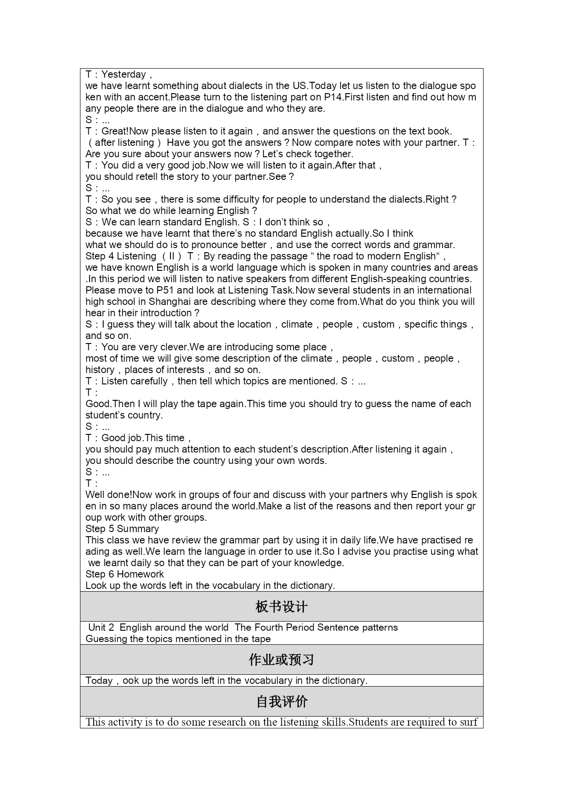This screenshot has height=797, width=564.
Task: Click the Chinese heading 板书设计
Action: [281, 607]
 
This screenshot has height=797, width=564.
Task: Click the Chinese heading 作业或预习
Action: [281, 660]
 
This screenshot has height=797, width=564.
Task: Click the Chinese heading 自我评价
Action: [281, 702]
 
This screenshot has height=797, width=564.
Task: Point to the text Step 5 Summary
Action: [122, 529]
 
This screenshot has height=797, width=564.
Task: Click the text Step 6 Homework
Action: [125, 574]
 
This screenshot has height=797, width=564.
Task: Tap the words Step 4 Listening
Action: [121, 256]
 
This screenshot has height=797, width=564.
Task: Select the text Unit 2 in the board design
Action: [101, 628]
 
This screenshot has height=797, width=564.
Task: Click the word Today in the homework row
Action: [99, 681]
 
